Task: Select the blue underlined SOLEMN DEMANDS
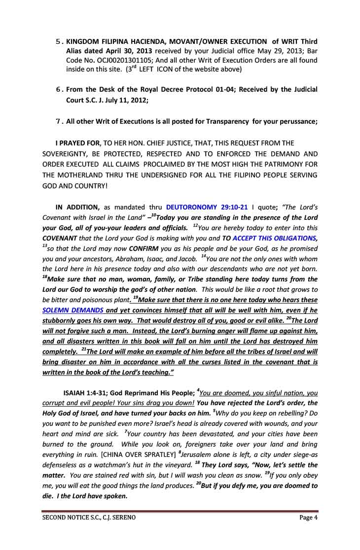(73, 310)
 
